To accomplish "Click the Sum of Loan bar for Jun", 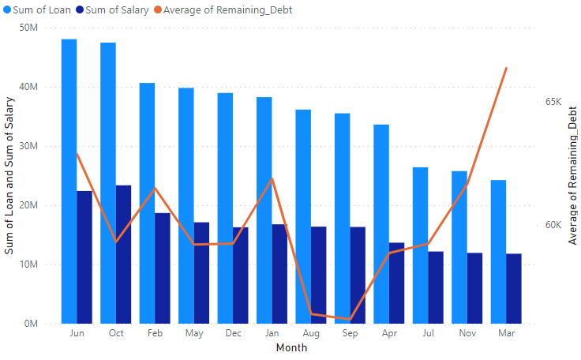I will click(69, 182).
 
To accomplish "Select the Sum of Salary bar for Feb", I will click(163, 268).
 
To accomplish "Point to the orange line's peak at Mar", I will click(506, 69).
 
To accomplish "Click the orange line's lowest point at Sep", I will click(350, 320).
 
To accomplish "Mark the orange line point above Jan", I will click(272, 178).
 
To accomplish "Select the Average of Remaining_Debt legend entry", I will click(208, 9).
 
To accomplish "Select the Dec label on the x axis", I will click(233, 334).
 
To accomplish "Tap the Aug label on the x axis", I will click(311, 334).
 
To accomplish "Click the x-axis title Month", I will click(291, 348).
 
